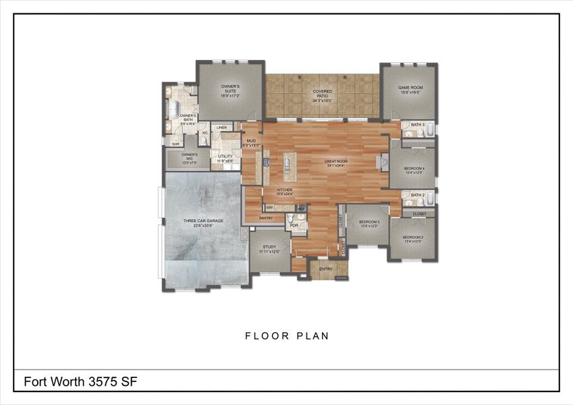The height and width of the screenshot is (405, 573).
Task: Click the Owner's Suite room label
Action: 230,90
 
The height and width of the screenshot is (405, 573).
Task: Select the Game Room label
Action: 409,90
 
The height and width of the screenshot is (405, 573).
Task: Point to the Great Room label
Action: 335,163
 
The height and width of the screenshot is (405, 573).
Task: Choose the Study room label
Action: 269,249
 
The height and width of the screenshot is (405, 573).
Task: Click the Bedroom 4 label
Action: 414,170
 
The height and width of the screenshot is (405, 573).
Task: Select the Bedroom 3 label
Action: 369,223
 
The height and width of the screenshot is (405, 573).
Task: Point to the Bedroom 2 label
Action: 413,239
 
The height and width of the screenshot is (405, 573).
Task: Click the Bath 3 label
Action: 418,125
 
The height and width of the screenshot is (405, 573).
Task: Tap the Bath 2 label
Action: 418,195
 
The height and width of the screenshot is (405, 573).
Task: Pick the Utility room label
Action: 225,158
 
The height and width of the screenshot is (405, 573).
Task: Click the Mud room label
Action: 250,142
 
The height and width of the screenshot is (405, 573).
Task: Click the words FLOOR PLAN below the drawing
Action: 287,335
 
